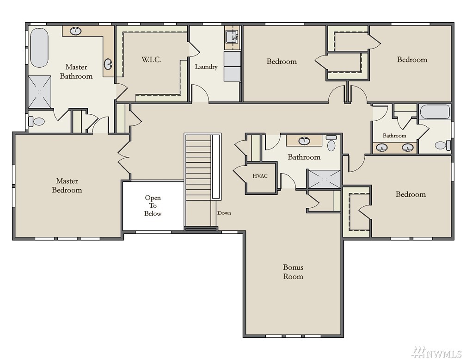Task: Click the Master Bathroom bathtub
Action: tap(39, 48)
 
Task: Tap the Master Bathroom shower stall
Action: tap(40, 92)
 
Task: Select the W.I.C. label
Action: tap(151, 60)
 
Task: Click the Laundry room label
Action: tap(206, 67)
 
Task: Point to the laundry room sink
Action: tap(232, 37)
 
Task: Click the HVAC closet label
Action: tap(260, 176)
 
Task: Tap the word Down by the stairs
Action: tap(224, 213)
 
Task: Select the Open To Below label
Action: tap(153, 205)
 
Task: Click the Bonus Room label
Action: tap(293, 272)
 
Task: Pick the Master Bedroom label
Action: tap(67, 186)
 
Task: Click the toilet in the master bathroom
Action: tap(36, 121)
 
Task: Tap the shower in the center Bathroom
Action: tap(324, 179)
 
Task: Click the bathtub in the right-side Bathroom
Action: tap(435, 112)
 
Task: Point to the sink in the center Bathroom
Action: tap(304, 141)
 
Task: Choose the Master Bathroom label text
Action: tap(76, 71)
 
